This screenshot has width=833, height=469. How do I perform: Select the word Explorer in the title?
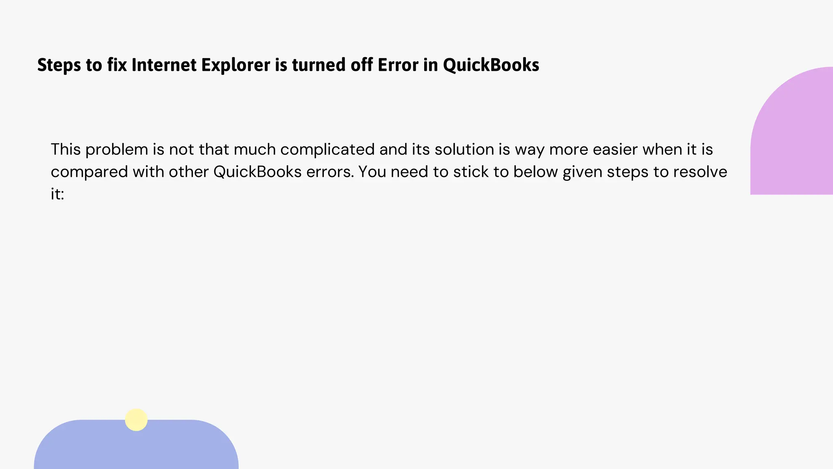tap(236, 65)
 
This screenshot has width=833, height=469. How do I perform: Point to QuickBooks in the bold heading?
tap(491, 65)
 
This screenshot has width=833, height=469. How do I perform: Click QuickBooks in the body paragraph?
tap(257, 172)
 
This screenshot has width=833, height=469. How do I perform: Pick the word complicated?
tap(327, 149)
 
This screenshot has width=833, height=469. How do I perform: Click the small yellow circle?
tap(136, 420)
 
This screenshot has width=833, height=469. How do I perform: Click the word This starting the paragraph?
tap(65, 149)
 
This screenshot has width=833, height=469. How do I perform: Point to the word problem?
tap(117, 149)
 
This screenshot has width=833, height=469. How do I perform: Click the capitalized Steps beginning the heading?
tap(59, 65)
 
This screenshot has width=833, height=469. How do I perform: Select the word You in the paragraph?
tap(372, 172)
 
